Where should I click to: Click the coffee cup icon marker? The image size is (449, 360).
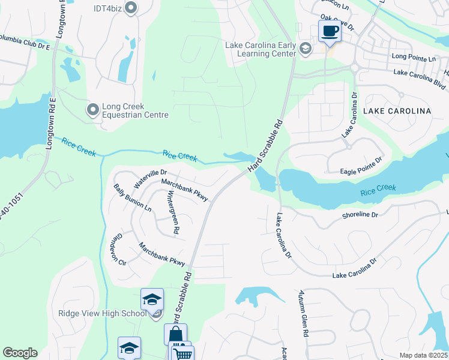pos(329,31)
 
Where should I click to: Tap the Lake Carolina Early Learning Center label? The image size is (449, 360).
pos(260,49)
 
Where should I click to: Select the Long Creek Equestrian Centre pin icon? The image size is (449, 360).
pos(92,109)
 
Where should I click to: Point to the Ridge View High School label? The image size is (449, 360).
pos(102,313)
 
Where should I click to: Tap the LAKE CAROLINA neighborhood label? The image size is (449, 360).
pos(397,112)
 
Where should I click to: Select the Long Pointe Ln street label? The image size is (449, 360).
pos(414,58)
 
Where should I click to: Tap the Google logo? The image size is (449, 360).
pos(20,353)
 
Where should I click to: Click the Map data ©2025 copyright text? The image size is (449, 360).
pos(424,355)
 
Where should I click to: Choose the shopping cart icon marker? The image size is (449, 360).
pos(182,354)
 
